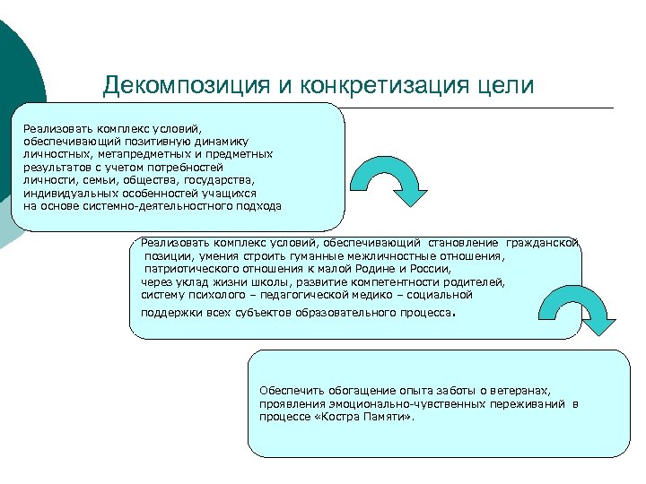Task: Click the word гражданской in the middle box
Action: click(x=543, y=243)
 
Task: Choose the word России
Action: click(x=432, y=268)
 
